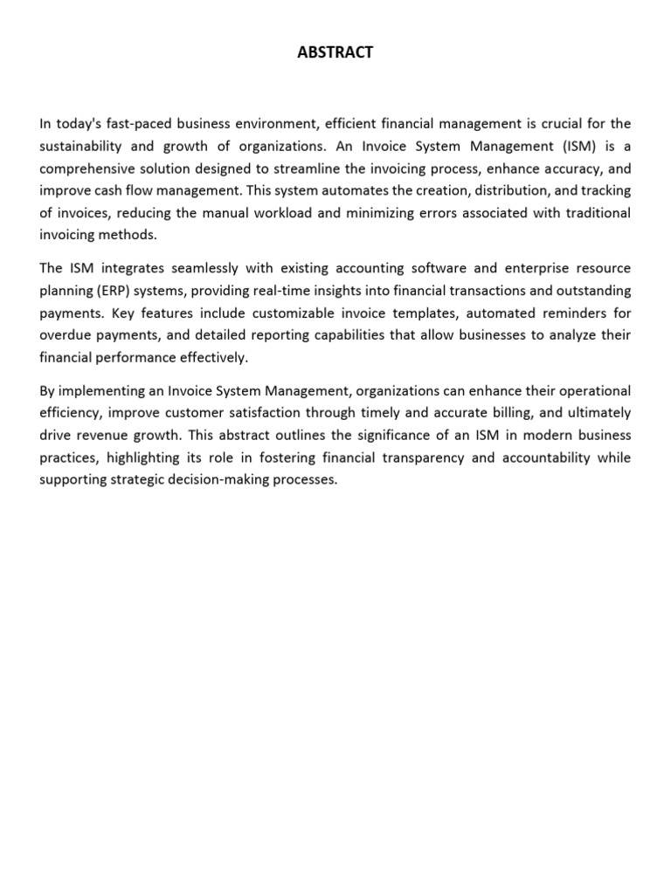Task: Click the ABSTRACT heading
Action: [x=335, y=52]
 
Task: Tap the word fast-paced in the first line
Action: [x=139, y=124]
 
